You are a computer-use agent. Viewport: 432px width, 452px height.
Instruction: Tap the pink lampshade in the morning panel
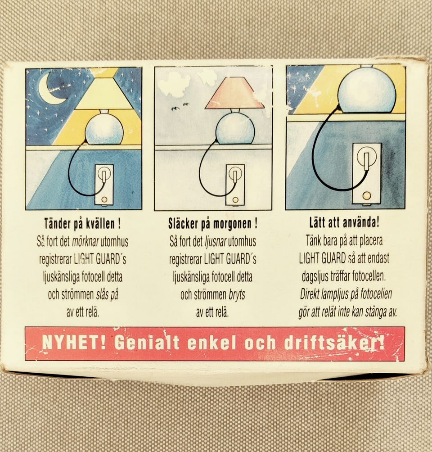tap(234, 94)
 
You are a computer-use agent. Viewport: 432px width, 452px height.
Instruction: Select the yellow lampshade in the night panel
tap(104, 95)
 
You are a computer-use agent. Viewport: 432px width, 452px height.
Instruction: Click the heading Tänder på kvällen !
tap(83, 224)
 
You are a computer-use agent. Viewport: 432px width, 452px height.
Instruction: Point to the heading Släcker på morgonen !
tap(213, 224)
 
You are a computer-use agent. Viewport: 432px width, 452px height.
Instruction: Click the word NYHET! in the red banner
tap(73, 343)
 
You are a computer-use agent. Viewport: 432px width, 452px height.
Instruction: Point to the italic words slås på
tap(108, 295)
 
